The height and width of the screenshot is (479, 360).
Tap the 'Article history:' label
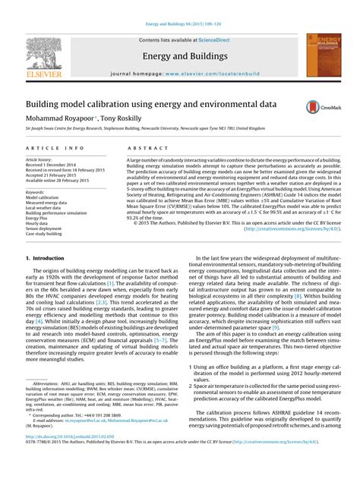click(x=40, y=160)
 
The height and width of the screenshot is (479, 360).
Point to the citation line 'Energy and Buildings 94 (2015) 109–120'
click(x=179, y=25)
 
